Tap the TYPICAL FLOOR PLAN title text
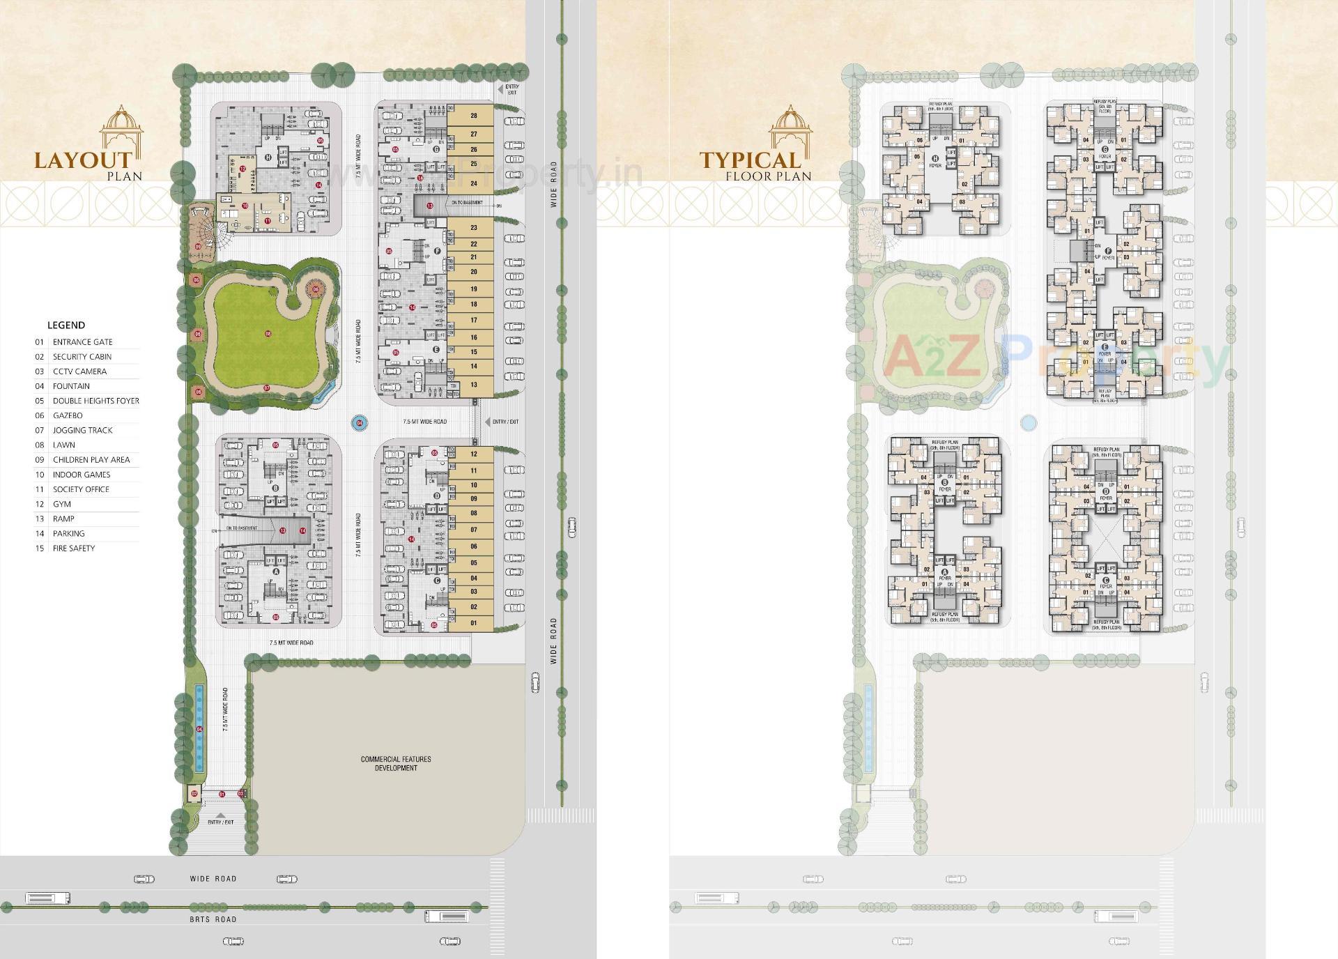[x=755, y=167]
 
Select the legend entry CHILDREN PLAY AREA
[x=91, y=460]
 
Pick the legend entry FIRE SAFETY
[x=74, y=548]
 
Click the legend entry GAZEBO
[x=68, y=415]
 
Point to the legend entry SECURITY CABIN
[x=82, y=357]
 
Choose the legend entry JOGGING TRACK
[x=82, y=431]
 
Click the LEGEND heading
[x=66, y=325]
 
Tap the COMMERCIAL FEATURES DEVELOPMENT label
[x=396, y=763]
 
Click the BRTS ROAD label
[x=213, y=919]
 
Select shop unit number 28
[x=474, y=116]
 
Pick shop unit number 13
[x=474, y=385]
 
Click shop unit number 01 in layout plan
[x=474, y=623]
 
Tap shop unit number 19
[x=474, y=289]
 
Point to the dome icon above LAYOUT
[x=121, y=128]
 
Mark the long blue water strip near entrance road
[x=199, y=728]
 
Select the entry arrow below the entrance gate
[x=220, y=814]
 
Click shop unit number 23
[x=474, y=228]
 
